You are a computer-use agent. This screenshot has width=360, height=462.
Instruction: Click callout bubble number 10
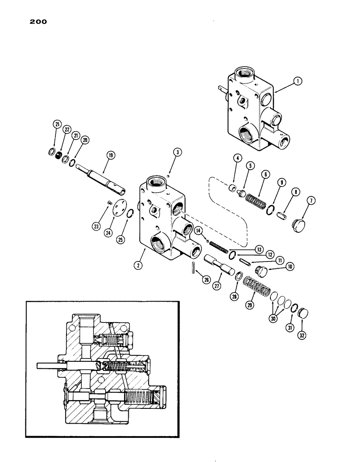pyautogui.click(x=290, y=267)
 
